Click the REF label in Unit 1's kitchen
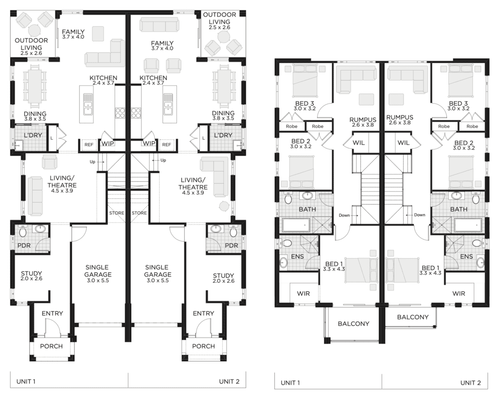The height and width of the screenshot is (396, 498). pyautogui.click(x=89, y=145)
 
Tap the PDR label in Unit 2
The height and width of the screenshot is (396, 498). pyautogui.click(x=231, y=245)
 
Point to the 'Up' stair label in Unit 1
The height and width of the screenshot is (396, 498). pyautogui.click(x=92, y=162)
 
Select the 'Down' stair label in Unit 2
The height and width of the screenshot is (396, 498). pyautogui.click(x=420, y=215)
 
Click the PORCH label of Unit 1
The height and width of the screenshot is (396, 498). pyautogui.click(x=52, y=346)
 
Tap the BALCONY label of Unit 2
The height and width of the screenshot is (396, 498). pyautogui.click(x=413, y=317)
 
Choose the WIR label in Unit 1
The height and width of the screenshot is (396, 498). pyautogui.click(x=303, y=293)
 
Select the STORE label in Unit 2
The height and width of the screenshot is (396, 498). pyautogui.click(x=139, y=213)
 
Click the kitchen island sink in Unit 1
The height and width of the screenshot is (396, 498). pyautogui.click(x=88, y=104)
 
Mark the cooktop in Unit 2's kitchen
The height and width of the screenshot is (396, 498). pyautogui.click(x=136, y=113)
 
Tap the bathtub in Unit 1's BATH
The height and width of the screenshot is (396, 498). pyautogui.click(x=296, y=225)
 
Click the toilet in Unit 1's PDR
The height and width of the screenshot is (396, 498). pyautogui.click(x=23, y=232)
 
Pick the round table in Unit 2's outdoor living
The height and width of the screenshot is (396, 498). pyautogui.click(x=223, y=37)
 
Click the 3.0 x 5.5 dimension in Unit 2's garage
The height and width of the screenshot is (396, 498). pyautogui.click(x=158, y=280)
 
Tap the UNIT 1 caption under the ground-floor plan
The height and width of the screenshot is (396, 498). pyautogui.click(x=26, y=381)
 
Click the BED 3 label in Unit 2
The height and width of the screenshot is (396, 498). pyautogui.click(x=458, y=103)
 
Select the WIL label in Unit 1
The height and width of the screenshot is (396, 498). pyautogui.click(x=358, y=143)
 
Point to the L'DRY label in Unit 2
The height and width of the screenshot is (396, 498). pyautogui.click(x=223, y=135)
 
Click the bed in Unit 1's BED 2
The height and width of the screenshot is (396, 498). pyautogui.click(x=302, y=172)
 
